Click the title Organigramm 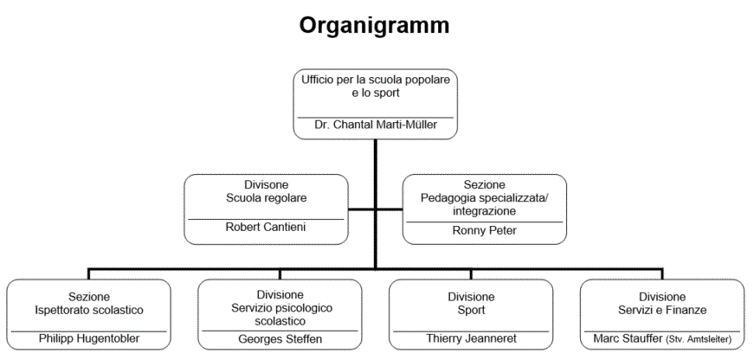(x=375, y=26)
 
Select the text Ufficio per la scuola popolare (x=375, y=79)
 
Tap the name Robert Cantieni (x=267, y=228)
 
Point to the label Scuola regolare (x=267, y=197)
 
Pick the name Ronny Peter (x=485, y=230)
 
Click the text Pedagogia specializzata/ (x=485, y=197)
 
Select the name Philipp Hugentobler (x=90, y=338)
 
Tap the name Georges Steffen (x=280, y=339)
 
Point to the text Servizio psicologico (x=281, y=307)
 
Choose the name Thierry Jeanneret (x=472, y=339)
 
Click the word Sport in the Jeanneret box (x=472, y=310)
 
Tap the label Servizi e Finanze (x=662, y=309)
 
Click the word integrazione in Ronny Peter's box (x=485, y=210)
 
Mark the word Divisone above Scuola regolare (x=267, y=184)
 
